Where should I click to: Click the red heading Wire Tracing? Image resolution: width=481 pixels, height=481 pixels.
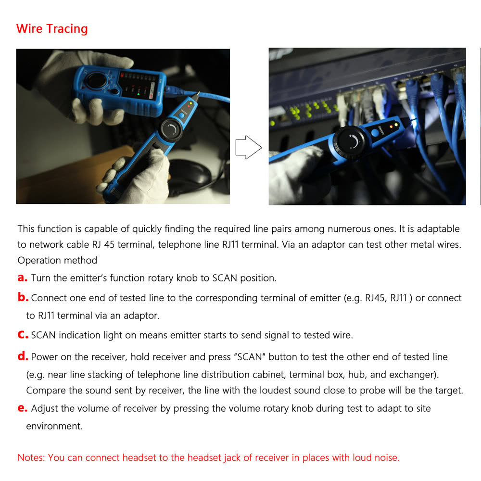(52, 29)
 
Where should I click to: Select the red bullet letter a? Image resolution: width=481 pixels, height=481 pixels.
(23, 278)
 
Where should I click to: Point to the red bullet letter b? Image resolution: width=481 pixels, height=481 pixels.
(23, 298)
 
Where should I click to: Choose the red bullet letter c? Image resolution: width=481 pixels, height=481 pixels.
(23, 335)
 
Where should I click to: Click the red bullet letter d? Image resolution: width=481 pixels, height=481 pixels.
(23, 357)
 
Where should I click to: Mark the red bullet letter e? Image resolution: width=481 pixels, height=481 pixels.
(23, 408)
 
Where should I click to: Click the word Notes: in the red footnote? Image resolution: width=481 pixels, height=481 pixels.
(31, 458)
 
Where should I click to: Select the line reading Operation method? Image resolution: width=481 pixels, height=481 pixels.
(57, 260)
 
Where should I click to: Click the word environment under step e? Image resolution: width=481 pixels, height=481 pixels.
(54, 426)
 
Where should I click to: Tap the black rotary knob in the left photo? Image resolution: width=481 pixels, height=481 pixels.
(170, 129)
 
